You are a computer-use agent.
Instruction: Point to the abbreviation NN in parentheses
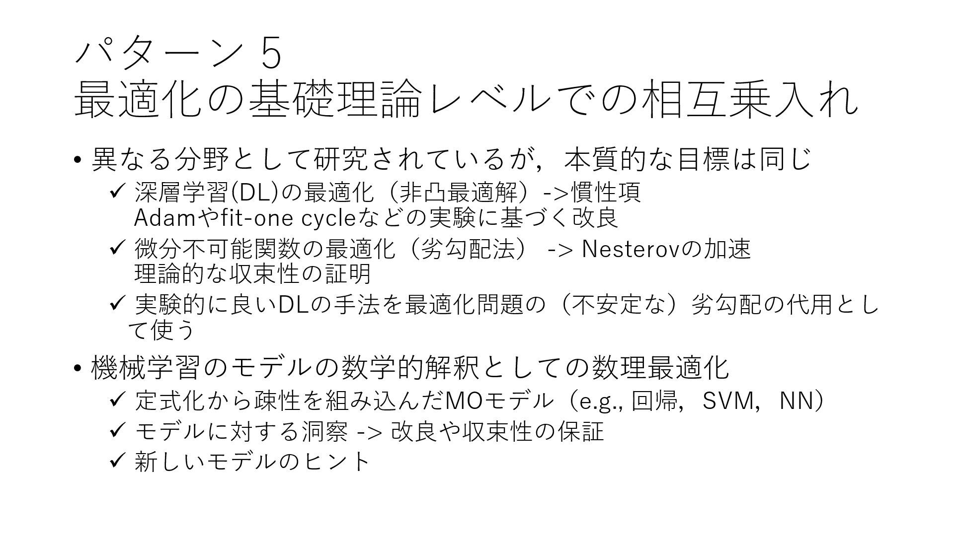pos(795,401)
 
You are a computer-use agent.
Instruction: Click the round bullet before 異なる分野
pos(77,160)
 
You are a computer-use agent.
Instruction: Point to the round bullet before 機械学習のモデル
pos(77,368)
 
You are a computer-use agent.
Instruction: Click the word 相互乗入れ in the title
pos(750,100)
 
